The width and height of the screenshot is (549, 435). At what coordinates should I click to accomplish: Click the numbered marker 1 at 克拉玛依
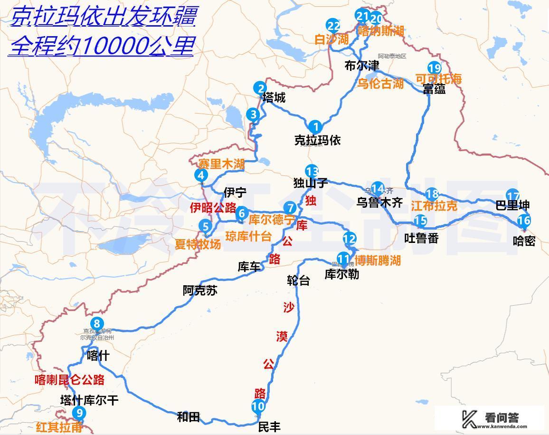(315, 127)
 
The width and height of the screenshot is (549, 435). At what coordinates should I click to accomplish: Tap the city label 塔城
(274, 98)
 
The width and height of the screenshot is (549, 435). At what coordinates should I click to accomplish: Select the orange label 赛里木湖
(221, 164)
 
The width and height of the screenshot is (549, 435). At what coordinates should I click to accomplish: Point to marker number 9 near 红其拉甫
(79, 413)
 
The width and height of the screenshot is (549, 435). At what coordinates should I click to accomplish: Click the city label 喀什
(98, 356)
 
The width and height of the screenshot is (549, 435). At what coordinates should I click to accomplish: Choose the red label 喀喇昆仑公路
(69, 380)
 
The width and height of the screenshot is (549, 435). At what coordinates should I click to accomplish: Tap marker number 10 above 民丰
(258, 406)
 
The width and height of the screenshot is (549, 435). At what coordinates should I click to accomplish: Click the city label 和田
(188, 417)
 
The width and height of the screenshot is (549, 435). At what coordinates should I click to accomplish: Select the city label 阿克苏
(200, 290)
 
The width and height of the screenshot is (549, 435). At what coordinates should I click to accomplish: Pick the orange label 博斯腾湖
(378, 261)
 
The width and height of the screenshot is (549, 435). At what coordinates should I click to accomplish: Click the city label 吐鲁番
(421, 238)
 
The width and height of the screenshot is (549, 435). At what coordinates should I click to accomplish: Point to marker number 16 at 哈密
(523, 221)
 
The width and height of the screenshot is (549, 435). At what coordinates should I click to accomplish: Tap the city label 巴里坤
(512, 206)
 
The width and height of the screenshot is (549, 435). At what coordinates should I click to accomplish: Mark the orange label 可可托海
(438, 79)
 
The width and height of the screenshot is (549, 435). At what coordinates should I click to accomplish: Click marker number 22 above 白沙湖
(333, 26)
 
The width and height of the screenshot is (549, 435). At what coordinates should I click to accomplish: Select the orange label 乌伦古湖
(380, 84)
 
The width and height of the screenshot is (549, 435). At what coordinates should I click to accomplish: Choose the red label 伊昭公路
(213, 208)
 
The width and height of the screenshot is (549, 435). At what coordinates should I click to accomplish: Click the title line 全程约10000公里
(101, 46)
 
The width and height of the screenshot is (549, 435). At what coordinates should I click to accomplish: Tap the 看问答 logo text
(502, 418)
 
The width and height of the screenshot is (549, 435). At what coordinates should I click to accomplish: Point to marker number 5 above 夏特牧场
(206, 226)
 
